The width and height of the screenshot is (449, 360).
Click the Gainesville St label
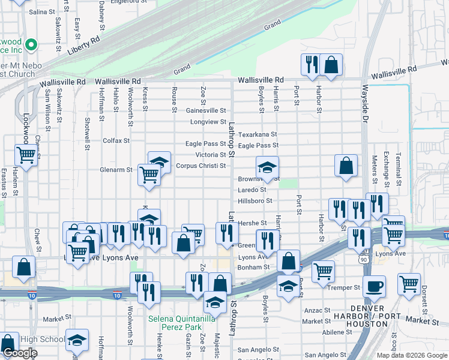(x=205, y=110)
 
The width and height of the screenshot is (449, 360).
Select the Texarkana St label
(x=258, y=134)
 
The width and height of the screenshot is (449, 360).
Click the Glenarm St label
(x=116, y=170)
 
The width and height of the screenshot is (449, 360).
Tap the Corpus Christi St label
(x=200, y=166)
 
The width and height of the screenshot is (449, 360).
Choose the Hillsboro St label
(x=255, y=201)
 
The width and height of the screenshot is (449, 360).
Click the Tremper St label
(x=343, y=287)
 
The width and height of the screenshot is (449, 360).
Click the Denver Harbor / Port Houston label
(x=369, y=320)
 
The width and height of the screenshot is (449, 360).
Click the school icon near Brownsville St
(x=267, y=167)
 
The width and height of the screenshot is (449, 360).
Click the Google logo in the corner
(x=20, y=353)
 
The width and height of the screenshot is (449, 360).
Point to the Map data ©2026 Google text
(x=411, y=355)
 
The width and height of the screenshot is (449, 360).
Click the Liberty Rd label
(x=84, y=46)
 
